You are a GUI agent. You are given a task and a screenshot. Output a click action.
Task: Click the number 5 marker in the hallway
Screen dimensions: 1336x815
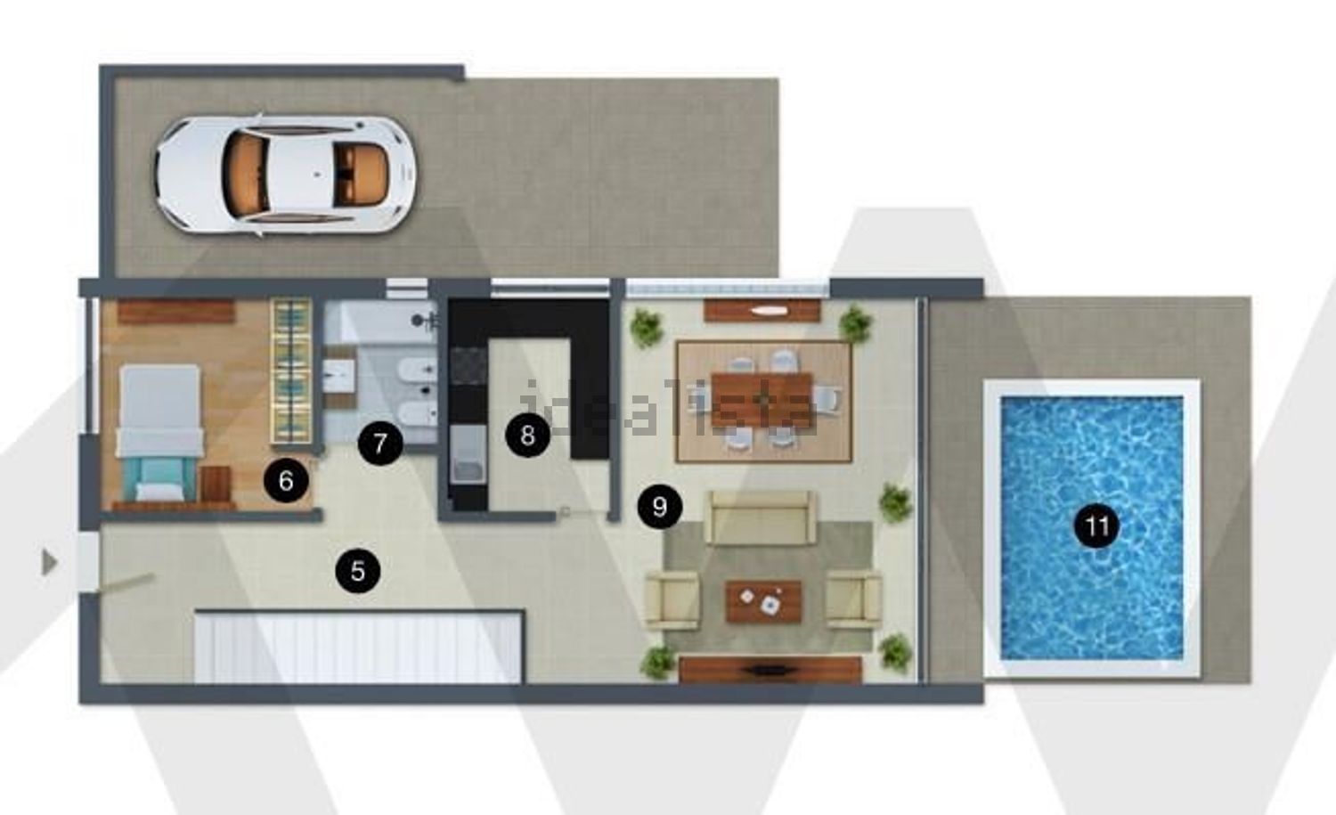point(358,571)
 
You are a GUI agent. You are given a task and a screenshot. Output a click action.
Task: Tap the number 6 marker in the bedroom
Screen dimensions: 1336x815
point(286,480)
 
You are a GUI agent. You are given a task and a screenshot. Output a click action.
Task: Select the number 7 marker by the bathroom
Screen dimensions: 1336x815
point(380,444)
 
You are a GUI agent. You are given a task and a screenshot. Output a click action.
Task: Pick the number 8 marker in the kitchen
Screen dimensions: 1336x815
point(528,435)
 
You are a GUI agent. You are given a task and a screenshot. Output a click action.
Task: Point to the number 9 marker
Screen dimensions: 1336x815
point(660,507)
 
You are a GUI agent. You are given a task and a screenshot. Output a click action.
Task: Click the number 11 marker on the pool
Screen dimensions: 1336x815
point(1096,526)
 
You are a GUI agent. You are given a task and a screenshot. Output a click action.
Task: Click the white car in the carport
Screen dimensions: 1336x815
point(285,175)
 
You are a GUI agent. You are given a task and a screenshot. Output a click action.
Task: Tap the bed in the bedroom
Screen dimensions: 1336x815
point(159,434)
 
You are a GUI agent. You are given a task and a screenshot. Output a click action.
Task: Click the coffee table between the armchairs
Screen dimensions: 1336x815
point(763,601)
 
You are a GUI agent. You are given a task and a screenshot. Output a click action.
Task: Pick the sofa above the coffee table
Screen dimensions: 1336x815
point(760,518)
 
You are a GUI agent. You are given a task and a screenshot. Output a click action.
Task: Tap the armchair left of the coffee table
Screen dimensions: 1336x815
point(672,600)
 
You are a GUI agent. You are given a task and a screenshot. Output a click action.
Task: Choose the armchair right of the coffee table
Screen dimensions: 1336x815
point(855,600)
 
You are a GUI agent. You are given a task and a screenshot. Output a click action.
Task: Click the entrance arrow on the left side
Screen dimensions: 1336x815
point(49,563)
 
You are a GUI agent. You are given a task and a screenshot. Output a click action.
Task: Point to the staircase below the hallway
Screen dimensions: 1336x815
point(359,646)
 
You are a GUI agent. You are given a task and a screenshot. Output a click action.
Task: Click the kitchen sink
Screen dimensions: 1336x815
point(468,454)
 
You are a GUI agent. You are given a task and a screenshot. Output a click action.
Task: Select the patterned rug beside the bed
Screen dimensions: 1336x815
point(291,371)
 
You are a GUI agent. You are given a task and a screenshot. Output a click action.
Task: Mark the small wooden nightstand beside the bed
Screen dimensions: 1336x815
point(216,485)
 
